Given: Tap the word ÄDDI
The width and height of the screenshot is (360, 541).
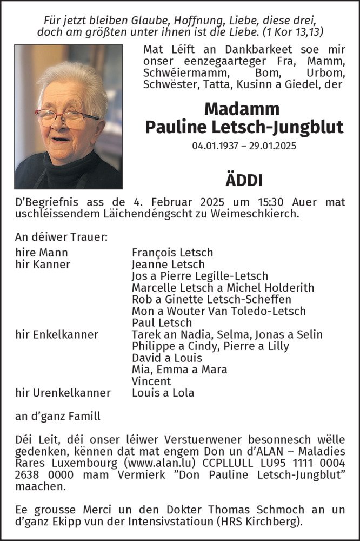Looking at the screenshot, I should [x=244, y=181].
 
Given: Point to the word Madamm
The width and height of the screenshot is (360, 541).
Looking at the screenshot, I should [x=242, y=109].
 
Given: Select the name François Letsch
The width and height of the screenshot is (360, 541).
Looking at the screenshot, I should [x=172, y=253].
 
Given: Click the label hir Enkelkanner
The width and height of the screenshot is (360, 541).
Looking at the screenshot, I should [x=57, y=334].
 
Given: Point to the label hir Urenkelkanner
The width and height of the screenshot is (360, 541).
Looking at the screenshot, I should [x=63, y=393].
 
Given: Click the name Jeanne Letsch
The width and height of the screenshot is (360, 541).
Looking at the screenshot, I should [x=168, y=265].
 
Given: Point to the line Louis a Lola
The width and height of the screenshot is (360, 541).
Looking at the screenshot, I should [x=163, y=393].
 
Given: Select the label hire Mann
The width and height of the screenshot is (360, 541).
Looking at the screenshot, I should [x=42, y=253].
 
